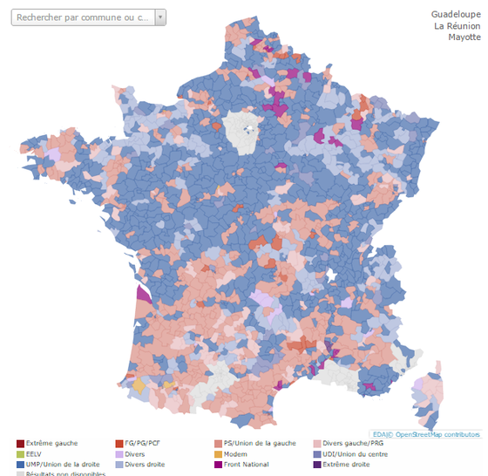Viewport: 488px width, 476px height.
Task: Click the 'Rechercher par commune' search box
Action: pyautogui.click(x=84, y=17)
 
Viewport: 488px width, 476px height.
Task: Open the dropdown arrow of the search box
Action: pyautogui.click(x=159, y=17)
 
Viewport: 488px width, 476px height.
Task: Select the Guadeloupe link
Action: pyautogui.click(x=455, y=14)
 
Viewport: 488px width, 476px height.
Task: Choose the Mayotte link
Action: pyautogui.click(x=464, y=37)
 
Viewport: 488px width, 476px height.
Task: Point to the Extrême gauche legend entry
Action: pyautogui.click(x=49, y=444)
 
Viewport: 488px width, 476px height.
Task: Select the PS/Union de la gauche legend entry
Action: pyautogui.click(x=254, y=444)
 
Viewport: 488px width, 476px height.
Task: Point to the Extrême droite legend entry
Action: pyautogui.click(x=344, y=465)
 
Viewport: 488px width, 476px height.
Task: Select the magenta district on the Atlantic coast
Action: pyautogui.click(x=143, y=290)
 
